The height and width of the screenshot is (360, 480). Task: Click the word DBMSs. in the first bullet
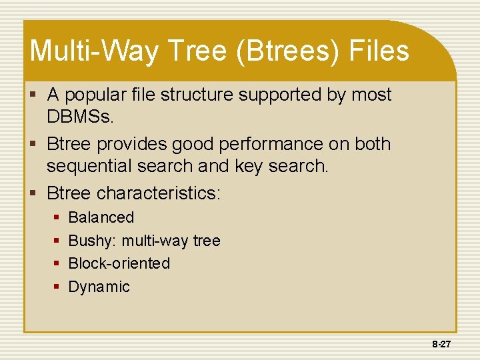coord(81,118)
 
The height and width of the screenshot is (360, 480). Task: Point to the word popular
coord(99,95)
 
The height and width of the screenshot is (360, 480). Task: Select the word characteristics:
coord(159,193)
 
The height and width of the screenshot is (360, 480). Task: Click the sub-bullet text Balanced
coord(101,217)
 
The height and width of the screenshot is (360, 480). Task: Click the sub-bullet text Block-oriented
coord(119,263)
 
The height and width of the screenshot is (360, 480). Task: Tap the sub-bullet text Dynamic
coord(99,287)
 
